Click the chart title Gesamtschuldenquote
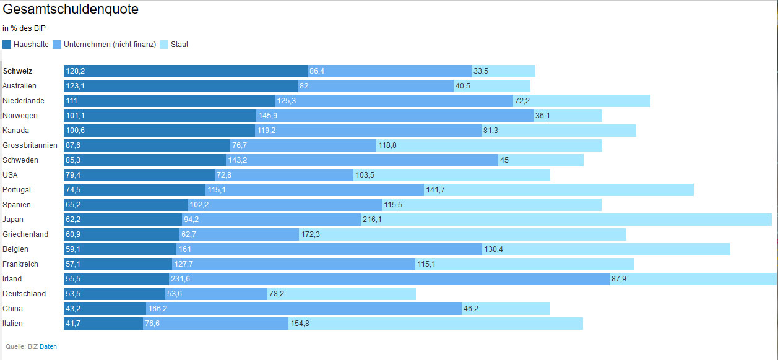(x=71, y=9)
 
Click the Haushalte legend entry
(x=26, y=45)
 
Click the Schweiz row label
(x=17, y=71)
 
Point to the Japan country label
(x=13, y=220)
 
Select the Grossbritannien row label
(x=30, y=145)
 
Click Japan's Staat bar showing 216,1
(x=566, y=220)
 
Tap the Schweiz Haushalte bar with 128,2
(x=185, y=71)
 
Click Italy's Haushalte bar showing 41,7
(x=103, y=324)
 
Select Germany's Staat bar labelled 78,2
(x=341, y=294)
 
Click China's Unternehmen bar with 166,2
(x=303, y=309)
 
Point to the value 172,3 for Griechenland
(x=311, y=234)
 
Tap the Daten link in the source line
(x=48, y=347)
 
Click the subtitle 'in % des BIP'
(x=24, y=28)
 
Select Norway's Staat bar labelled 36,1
(x=568, y=116)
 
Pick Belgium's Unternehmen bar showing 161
(x=329, y=249)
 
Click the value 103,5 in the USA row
(x=365, y=175)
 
